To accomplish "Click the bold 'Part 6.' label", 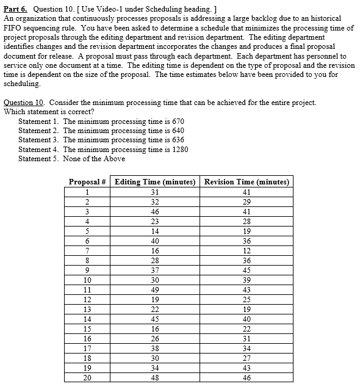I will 16,10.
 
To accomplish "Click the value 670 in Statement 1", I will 174,122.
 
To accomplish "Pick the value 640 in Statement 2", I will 174,131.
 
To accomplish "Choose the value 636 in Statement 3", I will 174,140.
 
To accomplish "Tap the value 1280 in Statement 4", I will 176,149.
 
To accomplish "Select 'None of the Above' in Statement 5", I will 94,159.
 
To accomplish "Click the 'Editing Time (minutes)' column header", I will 155,182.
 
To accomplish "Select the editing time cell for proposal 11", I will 154,290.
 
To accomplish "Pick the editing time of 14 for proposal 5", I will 154,231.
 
